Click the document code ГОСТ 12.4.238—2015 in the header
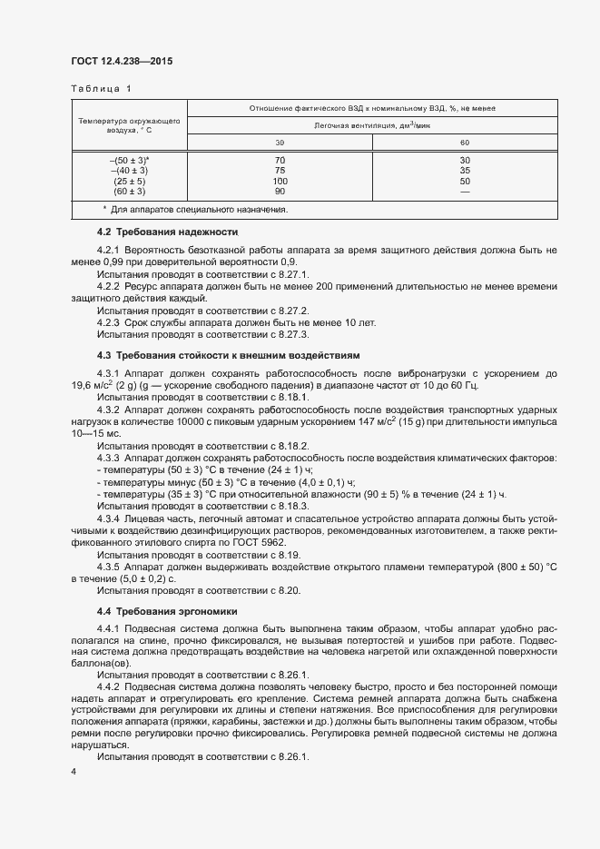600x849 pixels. point(122,62)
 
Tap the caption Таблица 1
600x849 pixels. point(101,89)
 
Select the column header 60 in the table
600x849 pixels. point(465,143)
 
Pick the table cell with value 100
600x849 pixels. point(280,181)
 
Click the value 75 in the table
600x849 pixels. point(280,170)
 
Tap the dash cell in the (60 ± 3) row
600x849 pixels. point(465,192)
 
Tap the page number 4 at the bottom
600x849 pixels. point(74,771)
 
